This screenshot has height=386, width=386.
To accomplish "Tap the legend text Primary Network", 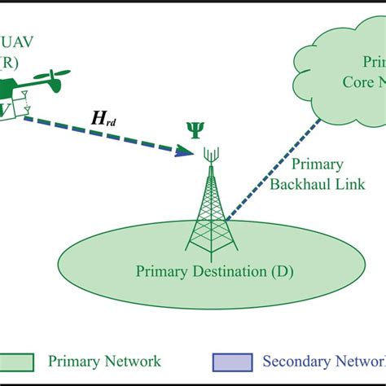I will tap(104, 361).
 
